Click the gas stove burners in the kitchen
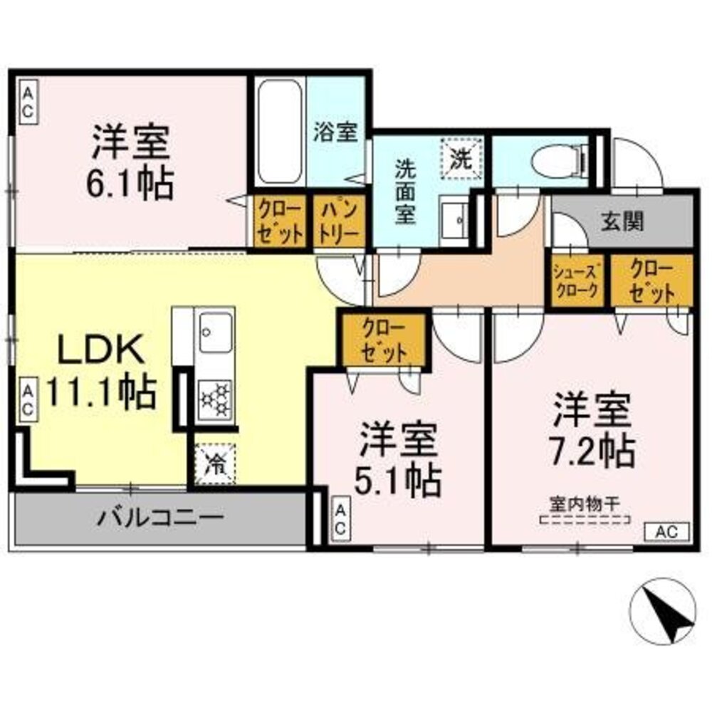tap(216, 399)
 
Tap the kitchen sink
tap(215, 332)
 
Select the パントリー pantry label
tap(339, 221)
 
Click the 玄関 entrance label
tap(621, 221)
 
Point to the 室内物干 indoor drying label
tap(585, 503)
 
